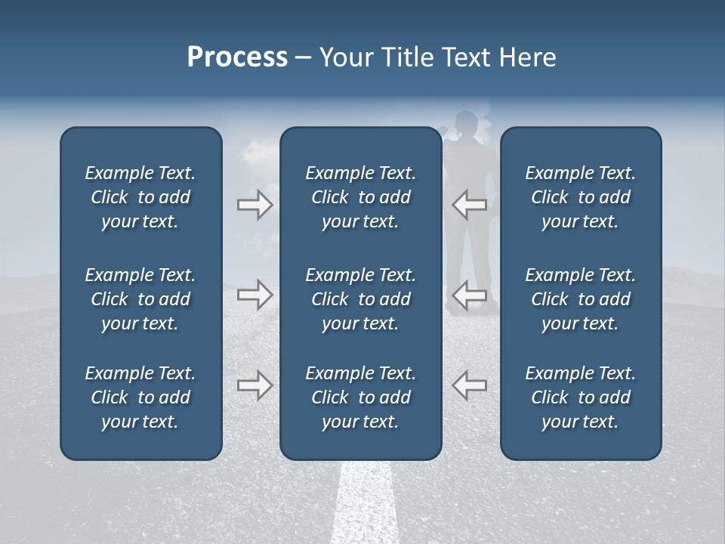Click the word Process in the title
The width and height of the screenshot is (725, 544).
pos(237,57)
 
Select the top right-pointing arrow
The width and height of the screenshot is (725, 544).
pos(255,205)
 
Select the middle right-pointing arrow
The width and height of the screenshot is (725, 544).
pos(255,295)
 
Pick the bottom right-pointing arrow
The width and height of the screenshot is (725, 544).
pos(255,385)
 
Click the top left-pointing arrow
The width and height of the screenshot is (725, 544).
pos(469,205)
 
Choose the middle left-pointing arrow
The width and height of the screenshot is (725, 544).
pos(469,295)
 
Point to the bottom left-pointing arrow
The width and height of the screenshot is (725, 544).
pos(469,385)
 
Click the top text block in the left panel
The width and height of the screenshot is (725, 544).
pos(140,197)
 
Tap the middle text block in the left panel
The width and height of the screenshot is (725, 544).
pos(140,299)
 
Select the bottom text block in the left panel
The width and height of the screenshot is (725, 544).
pos(140,397)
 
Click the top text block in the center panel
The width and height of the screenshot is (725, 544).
pos(360,197)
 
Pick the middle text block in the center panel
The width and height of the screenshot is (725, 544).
pos(360,299)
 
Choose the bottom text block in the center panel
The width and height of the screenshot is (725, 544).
pos(360,397)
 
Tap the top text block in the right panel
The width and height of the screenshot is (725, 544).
pos(580,197)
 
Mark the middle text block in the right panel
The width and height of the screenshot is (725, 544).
pos(580,299)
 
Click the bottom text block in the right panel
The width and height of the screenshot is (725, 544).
pos(580,397)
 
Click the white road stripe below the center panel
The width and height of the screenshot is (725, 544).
pos(364,502)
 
